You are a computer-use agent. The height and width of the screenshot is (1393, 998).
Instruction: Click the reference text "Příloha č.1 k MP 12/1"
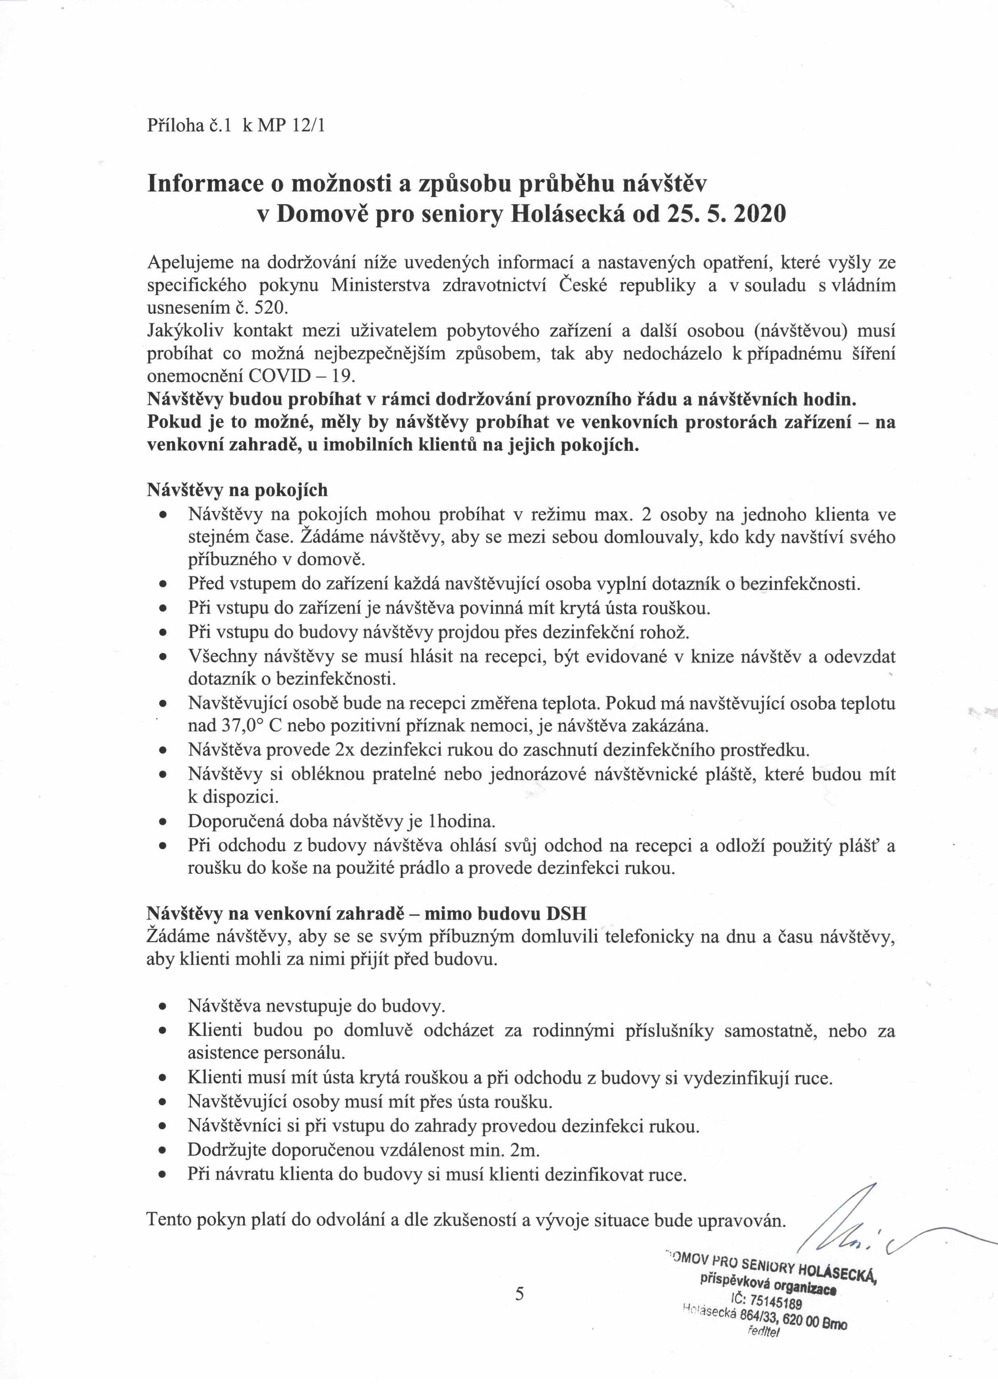point(236,126)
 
